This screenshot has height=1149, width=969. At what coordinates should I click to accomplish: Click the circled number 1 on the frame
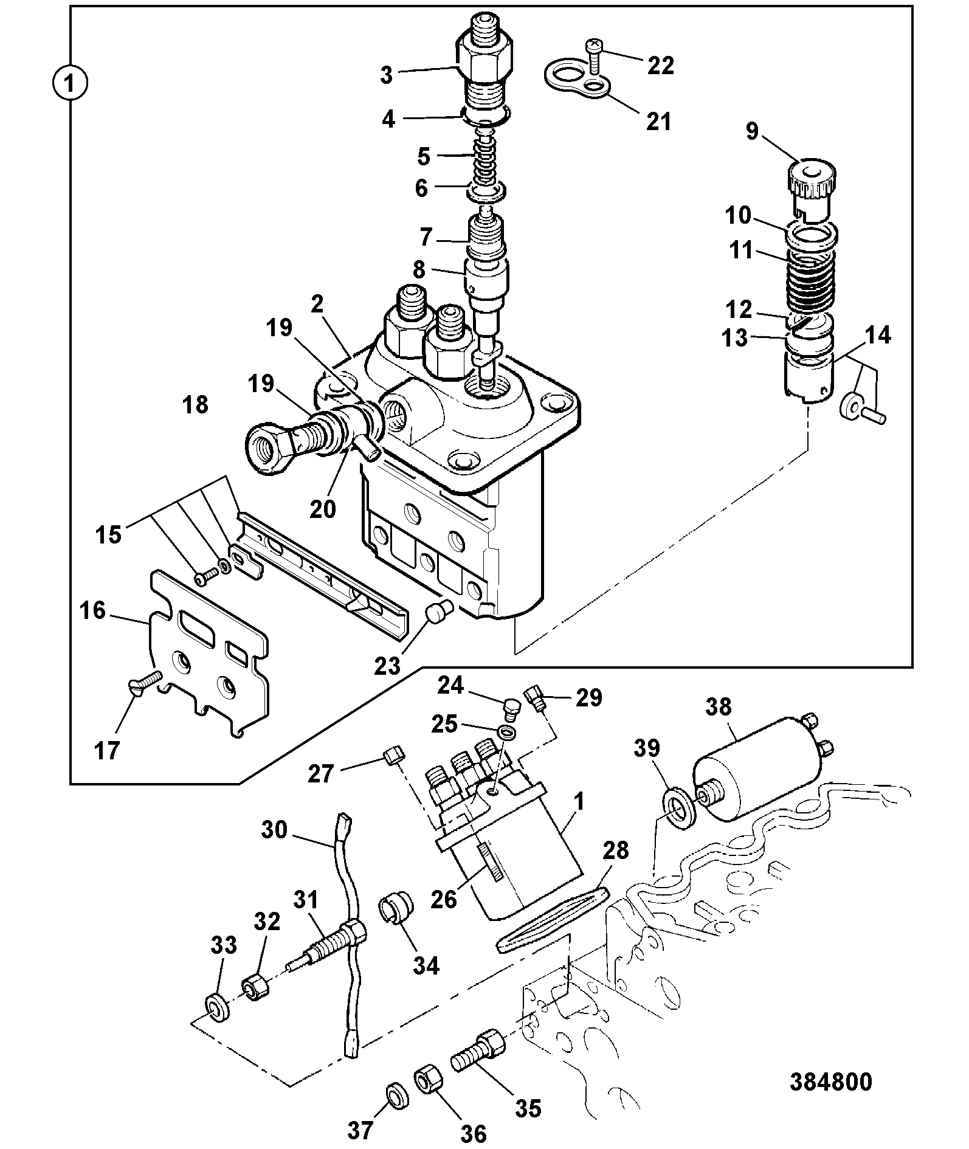tap(70, 83)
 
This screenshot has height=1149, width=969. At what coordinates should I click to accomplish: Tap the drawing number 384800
tap(831, 1082)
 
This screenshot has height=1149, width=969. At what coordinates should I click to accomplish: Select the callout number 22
tap(661, 65)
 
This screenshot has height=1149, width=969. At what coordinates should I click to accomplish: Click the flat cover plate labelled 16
tap(207, 654)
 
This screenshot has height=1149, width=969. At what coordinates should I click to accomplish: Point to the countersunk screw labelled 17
tap(147, 680)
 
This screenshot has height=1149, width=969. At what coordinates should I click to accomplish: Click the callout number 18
tap(195, 405)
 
